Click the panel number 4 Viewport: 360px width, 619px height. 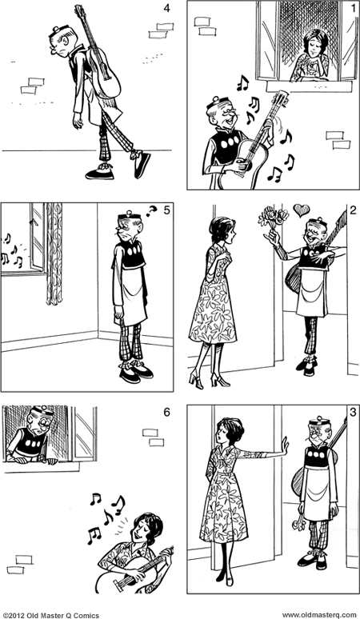(x=166, y=10)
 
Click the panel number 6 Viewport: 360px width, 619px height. (x=166, y=413)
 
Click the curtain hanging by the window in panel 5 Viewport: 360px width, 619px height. (x=54, y=252)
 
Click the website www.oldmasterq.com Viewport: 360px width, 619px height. (x=318, y=613)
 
